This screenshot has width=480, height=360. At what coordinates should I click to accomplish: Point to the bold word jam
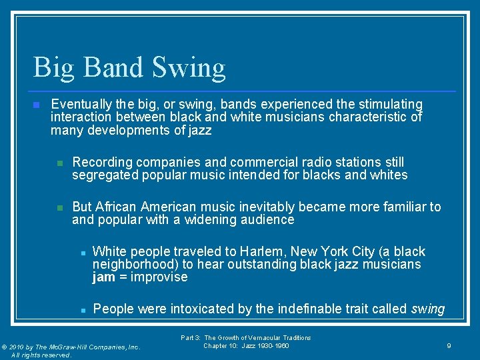click(x=104, y=277)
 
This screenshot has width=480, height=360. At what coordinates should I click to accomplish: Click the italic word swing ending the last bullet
click(x=428, y=309)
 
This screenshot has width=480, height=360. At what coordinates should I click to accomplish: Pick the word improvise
click(x=159, y=277)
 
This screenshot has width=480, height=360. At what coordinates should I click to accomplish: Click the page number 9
click(x=449, y=346)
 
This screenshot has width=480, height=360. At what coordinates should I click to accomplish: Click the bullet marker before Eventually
click(x=37, y=105)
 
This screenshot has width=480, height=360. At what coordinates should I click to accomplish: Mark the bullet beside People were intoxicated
click(x=81, y=309)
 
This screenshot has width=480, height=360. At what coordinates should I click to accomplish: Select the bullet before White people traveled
click(x=81, y=252)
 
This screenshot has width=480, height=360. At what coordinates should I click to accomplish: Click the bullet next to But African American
click(x=59, y=207)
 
